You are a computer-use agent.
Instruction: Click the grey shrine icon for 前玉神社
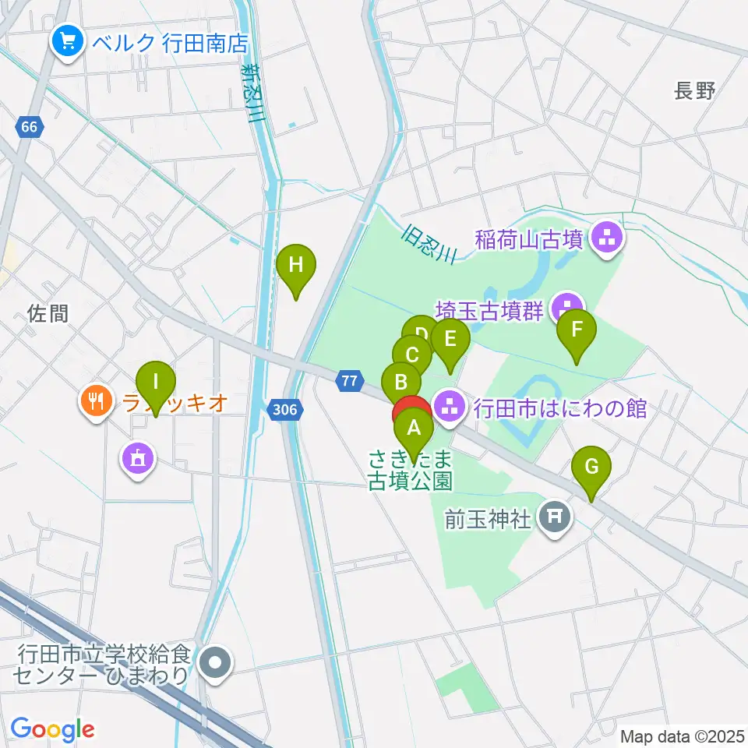coord(555,517)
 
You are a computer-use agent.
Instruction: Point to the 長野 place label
coord(694,91)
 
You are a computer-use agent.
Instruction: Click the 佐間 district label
coord(48,313)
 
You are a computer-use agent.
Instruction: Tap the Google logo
coord(53,729)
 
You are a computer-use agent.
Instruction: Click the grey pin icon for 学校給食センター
coord(217,664)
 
